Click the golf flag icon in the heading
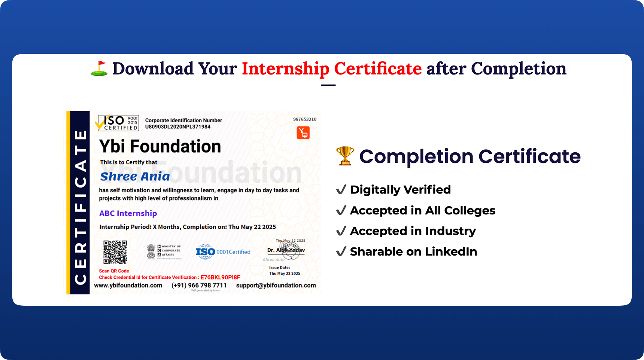tap(99, 68)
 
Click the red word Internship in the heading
tap(285, 69)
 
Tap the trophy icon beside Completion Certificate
tap(345, 156)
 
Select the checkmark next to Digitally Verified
tap(341, 190)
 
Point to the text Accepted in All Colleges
tap(422, 211)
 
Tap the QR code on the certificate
tap(115, 252)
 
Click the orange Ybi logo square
tap(303, 133)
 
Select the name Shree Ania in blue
tap(135, 177)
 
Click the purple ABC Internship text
tap(128, 213)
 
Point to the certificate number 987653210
tap(304, 119)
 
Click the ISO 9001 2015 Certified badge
tap(117, 123)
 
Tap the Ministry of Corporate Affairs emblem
tap(164, 251)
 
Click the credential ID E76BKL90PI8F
tap(220, 277)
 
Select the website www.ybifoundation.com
tap(128, 285)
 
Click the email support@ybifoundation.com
tap(276, 285)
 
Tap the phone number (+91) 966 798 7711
tap(199, 285)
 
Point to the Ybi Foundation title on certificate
tap(160, 146)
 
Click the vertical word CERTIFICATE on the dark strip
tap(80, 207)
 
